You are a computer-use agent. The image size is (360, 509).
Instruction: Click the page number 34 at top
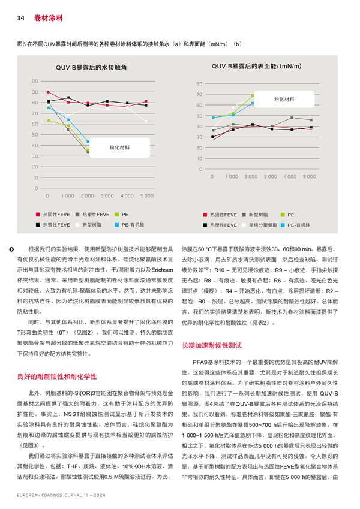[x=19, y=18]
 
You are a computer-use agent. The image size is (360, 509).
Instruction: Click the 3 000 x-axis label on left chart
[x=107, y=196]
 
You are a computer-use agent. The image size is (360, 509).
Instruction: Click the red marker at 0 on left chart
[x=48, y=92]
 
